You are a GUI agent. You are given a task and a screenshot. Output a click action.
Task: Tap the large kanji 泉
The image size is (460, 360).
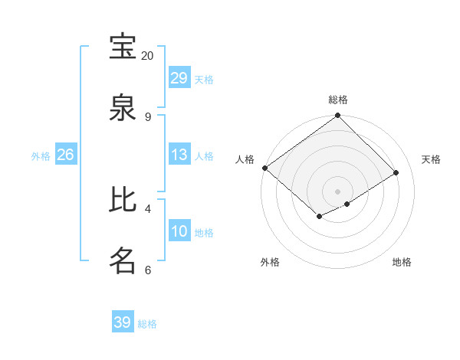[x=123, y=108]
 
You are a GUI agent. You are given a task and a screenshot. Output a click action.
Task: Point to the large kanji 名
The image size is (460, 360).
[x=123, y=260]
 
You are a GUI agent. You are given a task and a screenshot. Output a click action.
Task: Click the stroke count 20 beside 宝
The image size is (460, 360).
[x=147, y=56]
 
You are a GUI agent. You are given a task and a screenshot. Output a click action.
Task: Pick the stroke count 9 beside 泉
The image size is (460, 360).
[x=147, y=116]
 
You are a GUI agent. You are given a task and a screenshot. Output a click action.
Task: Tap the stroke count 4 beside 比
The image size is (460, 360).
[x=147, y=208]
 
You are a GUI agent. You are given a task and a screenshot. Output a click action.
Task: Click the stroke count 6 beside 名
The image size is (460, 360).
[x=147, y=270]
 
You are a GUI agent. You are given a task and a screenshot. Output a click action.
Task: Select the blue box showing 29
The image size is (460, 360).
[x=179, y=78]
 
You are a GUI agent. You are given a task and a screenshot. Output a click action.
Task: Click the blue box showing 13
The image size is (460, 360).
[x=179, y=155]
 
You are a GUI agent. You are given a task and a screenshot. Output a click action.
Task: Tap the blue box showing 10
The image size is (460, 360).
[x=179, y=231]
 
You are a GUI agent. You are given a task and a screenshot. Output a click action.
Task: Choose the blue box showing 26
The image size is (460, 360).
[x=66, y=155]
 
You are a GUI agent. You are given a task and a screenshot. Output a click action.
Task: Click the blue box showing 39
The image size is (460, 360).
[x=123, y=322]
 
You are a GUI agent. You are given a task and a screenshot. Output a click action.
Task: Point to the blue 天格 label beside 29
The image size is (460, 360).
[x=204, y=80]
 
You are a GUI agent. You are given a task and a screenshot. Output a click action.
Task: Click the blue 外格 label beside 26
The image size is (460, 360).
[x=41, y=156]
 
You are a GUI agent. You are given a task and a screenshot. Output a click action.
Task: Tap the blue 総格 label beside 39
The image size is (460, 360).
[x=147, y=324]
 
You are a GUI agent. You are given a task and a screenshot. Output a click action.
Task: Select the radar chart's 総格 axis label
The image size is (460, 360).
[x=338, y=100]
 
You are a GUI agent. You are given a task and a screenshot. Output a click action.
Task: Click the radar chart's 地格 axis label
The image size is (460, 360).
[x=402, y=262]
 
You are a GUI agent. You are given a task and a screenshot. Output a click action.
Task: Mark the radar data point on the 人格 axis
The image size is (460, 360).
[x=264, y=168]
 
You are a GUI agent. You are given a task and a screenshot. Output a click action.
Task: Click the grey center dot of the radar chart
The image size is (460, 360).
[x=337, y=191]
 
